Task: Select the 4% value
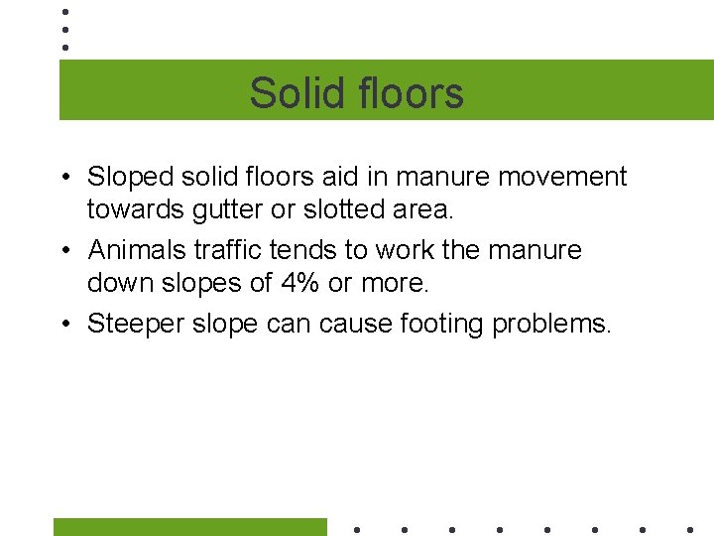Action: point(299,283)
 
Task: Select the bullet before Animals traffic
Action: point(62,251)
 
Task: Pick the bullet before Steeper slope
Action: point(62,325)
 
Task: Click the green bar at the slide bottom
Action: point(189,526)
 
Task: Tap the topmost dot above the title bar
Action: point(65,12)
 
